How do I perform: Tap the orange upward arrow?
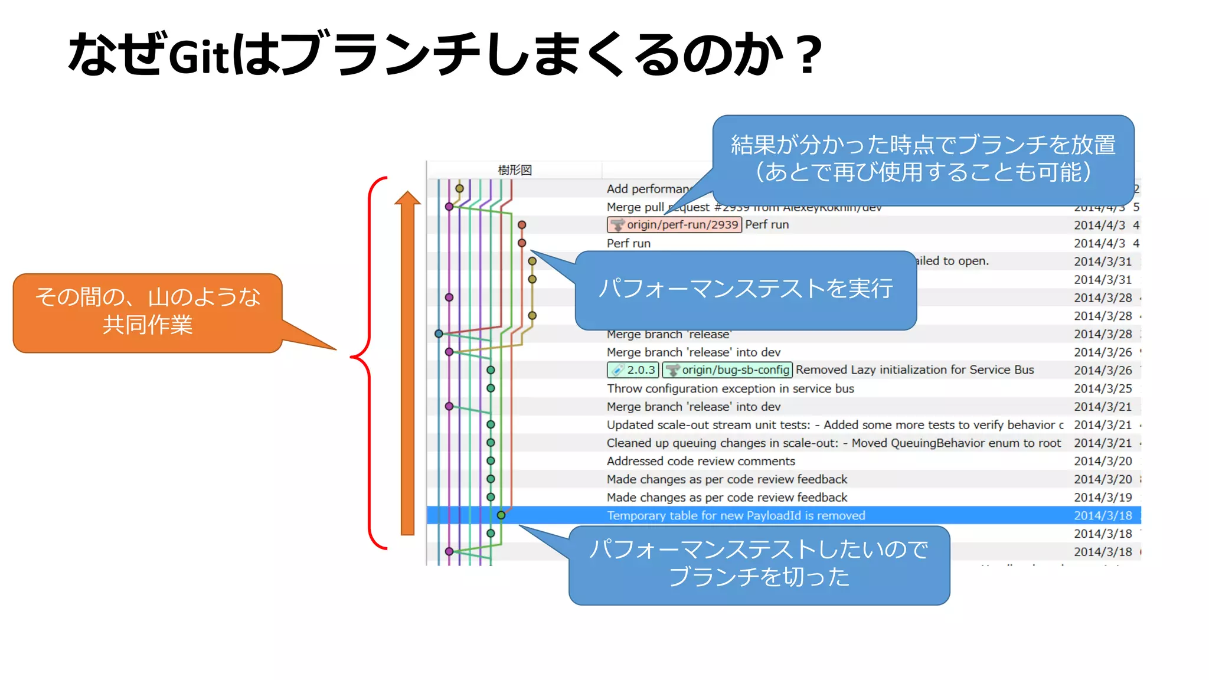[407, 366]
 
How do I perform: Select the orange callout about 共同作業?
[148, 312]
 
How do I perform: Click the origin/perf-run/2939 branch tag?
[674, 225]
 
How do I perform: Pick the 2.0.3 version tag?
[633, 370]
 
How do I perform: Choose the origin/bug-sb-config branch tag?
[727, 370]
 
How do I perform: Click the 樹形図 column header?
[515, 170]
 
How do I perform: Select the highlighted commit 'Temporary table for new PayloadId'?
[736, 516]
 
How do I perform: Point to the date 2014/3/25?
[1103, 388]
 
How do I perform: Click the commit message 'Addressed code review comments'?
[701, 461]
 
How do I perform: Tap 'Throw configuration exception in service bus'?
[730, 388]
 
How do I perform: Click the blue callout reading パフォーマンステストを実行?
[745, 289]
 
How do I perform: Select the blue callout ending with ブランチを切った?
[759, 564]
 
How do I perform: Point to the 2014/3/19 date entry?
[1103, 498]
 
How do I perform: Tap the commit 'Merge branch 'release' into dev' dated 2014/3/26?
[694, 352]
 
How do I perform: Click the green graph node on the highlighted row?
[501, 515]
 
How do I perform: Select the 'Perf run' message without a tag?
[629, 243]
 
